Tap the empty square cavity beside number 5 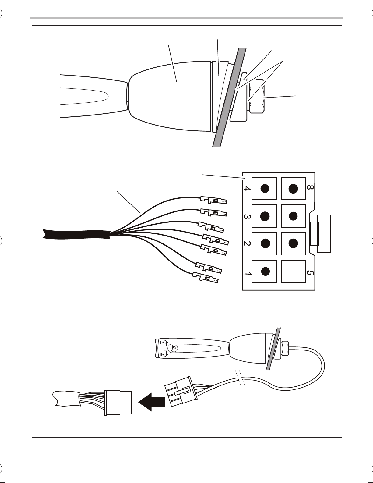coord(294,272)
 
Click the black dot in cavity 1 coord(265,271)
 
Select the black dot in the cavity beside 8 coord(293,189)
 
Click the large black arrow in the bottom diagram coord(152,402)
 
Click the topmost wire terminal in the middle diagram coord(213,200)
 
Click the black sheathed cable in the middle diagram coord(76,235)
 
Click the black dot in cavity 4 coord(265,189)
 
